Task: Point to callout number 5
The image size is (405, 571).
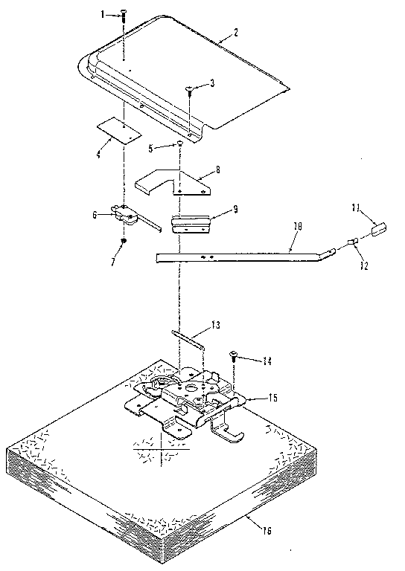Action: [151, 148]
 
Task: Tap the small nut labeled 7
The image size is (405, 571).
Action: [124, 241]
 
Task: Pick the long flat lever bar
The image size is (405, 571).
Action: [238, 257]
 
